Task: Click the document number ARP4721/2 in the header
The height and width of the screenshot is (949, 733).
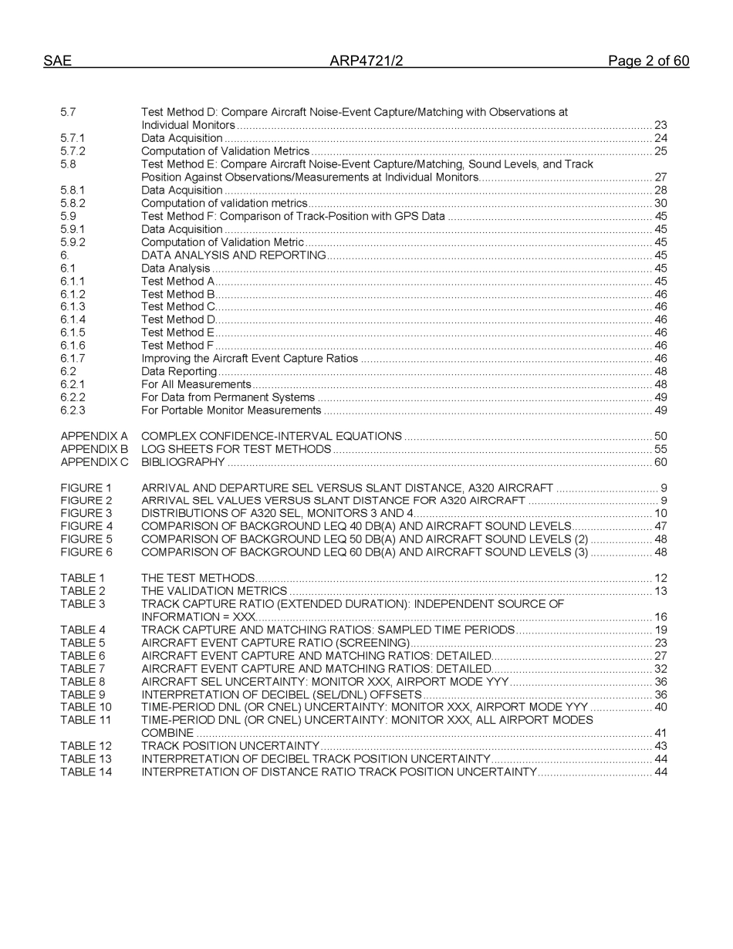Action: tap(366, 61)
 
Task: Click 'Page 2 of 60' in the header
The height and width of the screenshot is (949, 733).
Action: tap(648, 61)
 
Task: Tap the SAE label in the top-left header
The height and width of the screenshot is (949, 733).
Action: tap(57, 61)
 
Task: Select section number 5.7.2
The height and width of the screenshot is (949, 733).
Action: tap(73, 151)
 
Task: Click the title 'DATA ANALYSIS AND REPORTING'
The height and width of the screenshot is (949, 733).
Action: tap(233, 255)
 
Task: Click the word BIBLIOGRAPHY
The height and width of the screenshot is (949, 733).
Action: tap(183, 462)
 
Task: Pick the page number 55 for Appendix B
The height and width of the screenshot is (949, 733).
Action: tap(660, 449)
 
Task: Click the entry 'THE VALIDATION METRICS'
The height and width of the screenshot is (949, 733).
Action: tap(214, 591)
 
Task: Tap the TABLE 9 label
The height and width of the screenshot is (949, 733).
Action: tap(83, 694)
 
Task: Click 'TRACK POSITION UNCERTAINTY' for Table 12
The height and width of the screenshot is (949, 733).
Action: tap(230, 746)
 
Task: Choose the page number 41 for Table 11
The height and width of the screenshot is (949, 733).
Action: tap(660, 733)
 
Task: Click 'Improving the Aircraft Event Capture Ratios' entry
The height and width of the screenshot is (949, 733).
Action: tap(249, 358)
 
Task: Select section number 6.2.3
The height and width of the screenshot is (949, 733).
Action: tap(73, 410)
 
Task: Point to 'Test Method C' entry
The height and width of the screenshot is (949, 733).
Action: tap(177, 307)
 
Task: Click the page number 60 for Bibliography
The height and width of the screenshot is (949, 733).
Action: tap(660, 462)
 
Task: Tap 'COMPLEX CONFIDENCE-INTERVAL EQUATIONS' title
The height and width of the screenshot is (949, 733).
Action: tap(271, 437)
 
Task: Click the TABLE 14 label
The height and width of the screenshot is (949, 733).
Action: tap(86, 772)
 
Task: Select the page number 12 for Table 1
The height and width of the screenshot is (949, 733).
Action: tap(660, 578)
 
